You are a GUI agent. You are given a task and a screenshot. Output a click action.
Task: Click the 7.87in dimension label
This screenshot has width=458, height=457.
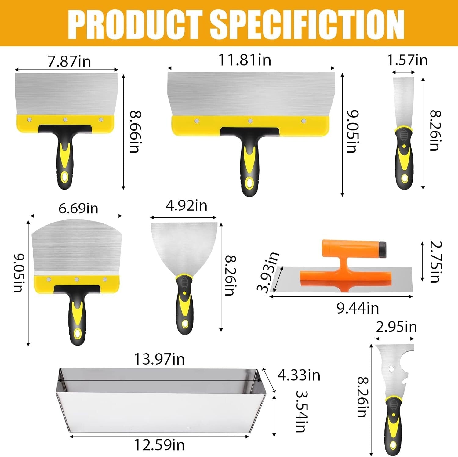pyautogui.click(x=69, y=61)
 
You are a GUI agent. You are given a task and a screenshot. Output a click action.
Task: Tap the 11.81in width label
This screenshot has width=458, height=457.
pyautogui.click(x=245, y=60)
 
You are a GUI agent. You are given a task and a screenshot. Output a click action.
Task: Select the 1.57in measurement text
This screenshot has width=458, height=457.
pyautogui.click(x=407, y=60)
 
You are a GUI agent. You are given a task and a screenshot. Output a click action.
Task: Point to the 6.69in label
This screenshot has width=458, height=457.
pyautogui.click(x=78, y=209)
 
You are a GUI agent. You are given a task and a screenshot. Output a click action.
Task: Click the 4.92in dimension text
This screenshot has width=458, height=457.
pyautogui.click(x=187, y=205)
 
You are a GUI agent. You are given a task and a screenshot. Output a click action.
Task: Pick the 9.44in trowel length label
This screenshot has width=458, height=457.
pyautogui.click(x=358, y=308)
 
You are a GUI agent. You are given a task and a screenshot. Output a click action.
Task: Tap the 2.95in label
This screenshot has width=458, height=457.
pyautogui.click(x=396, y=327)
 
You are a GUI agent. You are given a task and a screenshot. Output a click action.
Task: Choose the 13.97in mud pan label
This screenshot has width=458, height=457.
pyautogui.click(x=159, y=359)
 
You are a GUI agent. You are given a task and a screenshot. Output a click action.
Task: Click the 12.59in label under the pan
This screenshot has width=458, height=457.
pyautogui.click(x=159, y=445)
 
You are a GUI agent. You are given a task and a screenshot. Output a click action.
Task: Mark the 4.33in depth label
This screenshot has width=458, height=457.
pyautogui.click(x=299, y=375)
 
